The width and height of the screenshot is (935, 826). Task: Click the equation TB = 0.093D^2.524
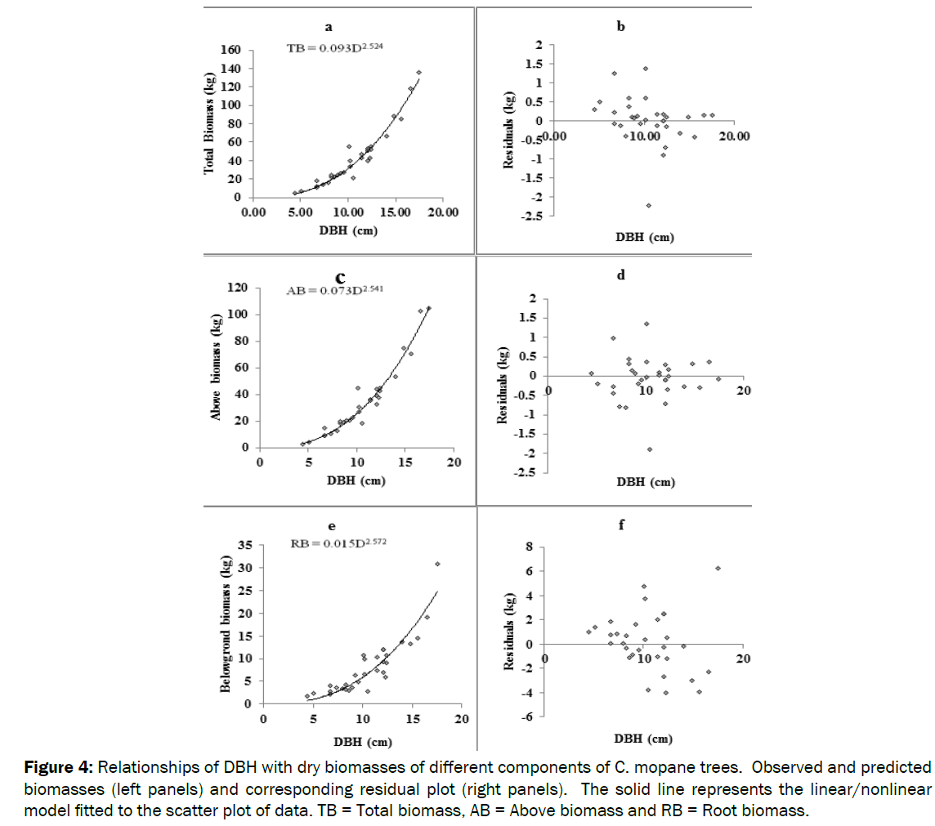tap(334, 48)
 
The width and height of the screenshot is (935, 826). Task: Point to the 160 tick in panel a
tap(230, 51)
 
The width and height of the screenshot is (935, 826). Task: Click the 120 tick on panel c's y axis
tap(238, 288)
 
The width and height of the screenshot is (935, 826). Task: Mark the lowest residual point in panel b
tap(649, 205)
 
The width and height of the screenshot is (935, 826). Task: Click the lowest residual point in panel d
tap(650, 449)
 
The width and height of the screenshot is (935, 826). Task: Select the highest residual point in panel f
tap(718, 568)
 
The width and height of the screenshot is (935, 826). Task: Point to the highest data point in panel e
tap(437, 564)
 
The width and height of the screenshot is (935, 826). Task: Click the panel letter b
tap(621, 28)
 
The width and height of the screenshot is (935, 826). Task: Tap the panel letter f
tap(621, 525)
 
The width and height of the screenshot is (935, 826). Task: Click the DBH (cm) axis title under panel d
tap(646, 482)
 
